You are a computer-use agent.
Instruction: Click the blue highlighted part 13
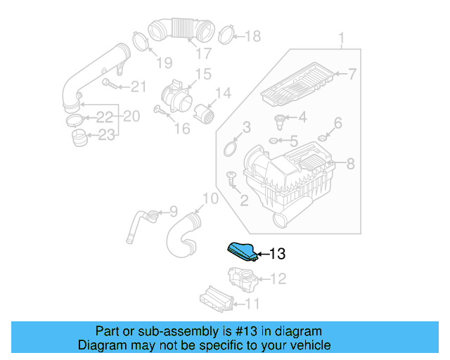pyautogui.click(x=241, y=251)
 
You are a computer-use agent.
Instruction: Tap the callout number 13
pyautogui.click(x=277, y=253)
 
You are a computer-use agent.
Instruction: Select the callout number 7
pyautogui.click(x=352, y=73)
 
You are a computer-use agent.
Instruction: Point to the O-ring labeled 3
pyautogui.click(x=230, y=149)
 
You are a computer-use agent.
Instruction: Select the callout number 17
pyautogui.click(x=203, y=53)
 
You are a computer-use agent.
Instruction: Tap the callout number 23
pyautogui.click(x=105, y=134)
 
